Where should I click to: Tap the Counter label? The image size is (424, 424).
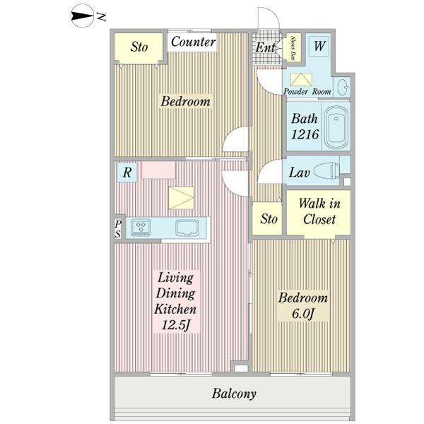(x=193, y=42)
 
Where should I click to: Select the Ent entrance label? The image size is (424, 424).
(x=266, y=47)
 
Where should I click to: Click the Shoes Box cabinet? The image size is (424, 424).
(x=293, y=47)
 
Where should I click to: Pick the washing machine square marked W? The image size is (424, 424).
(x=319, y=46)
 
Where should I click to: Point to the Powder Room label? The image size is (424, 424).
(x=307, y=91)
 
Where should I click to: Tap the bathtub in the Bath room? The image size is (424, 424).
(x=336, y=127)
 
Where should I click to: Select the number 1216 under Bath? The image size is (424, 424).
(x=305, y=134)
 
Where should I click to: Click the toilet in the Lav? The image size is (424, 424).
(x=326, y=172)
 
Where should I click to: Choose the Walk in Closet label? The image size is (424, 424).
(x=319, y=211)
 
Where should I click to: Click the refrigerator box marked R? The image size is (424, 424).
(x=127, y=172)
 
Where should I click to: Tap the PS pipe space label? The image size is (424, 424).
(x=118, y=229)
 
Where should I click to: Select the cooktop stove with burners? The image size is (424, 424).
(x=141, y=228)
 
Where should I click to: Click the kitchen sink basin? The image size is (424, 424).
(x=187, y=228)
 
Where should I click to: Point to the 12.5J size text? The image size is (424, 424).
(x=175, y=325)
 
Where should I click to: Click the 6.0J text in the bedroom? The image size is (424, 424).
(x=303, y=314)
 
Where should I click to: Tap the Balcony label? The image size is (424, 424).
(x=234, y=394)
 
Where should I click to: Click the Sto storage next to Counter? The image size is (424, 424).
(x=139, y=48)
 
